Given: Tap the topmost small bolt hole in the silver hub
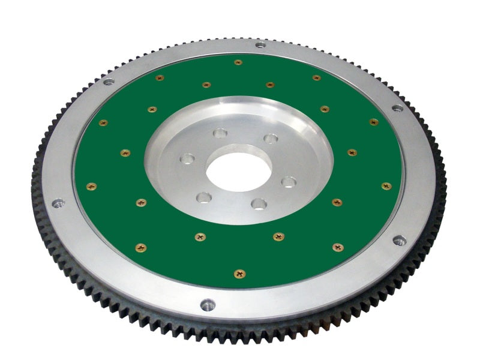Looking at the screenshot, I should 221,133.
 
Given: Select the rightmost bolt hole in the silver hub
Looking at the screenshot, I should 289,181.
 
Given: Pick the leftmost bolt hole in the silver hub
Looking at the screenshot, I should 188,160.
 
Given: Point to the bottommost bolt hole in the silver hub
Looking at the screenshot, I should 259,204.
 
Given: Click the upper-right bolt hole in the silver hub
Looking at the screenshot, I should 271,139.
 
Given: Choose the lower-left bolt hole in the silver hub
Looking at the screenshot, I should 204,197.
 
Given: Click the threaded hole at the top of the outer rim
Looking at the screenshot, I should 260,44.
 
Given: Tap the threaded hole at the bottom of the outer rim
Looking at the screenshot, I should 207,305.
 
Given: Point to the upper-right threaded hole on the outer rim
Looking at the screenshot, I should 397,109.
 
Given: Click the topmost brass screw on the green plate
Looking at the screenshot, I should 238,62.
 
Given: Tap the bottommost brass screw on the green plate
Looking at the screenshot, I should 240,274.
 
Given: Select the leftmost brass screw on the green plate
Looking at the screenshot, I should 91,186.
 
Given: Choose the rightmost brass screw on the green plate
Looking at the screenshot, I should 386,186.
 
